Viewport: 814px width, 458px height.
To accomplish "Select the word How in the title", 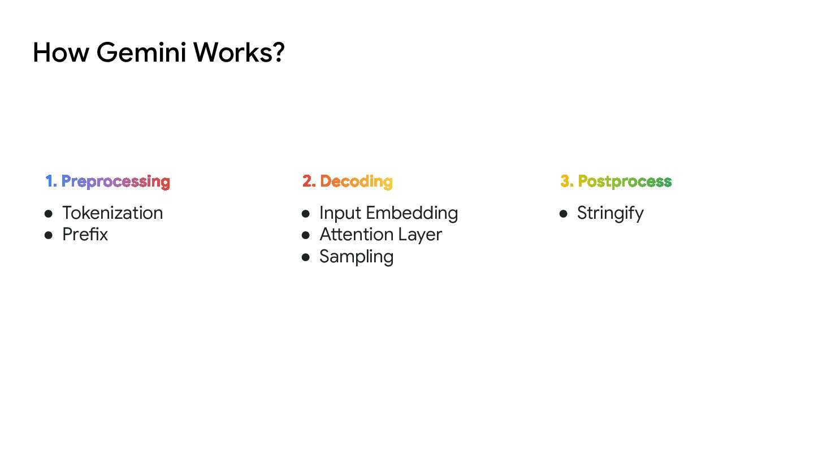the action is [60, 53].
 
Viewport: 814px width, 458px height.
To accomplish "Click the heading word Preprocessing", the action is [115, 182].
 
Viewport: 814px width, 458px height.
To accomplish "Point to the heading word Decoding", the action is [356, 182].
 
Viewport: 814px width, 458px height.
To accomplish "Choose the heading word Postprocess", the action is [625, 182].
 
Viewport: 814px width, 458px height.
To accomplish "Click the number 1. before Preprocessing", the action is [51, 182].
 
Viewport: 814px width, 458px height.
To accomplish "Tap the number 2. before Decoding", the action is [309, 182].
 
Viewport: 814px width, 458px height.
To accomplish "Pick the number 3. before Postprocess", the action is [566, 182].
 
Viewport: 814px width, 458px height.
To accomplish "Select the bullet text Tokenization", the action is [112, 213].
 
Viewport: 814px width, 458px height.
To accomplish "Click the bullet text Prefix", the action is [85, 235].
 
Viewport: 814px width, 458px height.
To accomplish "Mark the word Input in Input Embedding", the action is [340, 213].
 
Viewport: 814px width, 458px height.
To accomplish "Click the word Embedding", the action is [412, 213].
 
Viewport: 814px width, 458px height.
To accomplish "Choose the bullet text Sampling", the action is [356, 257].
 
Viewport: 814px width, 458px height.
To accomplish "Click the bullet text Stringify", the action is [610, 214].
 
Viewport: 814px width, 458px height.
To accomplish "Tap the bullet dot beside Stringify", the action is [563, 214].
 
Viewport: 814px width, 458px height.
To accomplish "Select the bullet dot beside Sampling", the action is [306, 257].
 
